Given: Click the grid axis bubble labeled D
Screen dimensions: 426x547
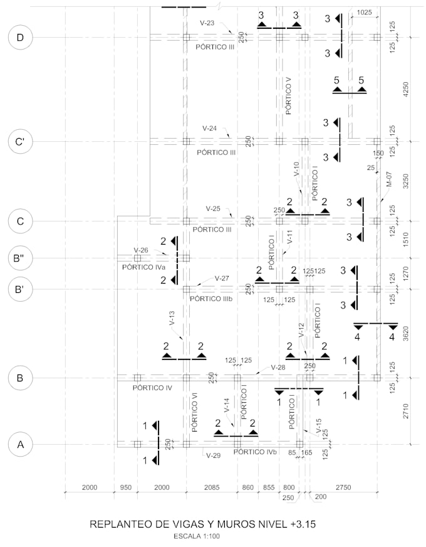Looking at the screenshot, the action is pyautogui.click(x=20, y=38).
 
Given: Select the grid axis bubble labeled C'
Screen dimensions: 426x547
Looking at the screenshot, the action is pyautogui.click(x=20, y=142).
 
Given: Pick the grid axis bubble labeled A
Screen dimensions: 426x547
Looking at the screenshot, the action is pyautogui.click(x=20, y=445).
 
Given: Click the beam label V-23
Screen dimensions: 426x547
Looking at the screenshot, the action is pyautogui.click(x=207, y=23).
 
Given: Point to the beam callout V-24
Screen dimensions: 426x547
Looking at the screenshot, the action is pyautogui.click(x=209, y=129).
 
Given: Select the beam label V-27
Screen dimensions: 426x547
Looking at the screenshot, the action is pyautogui.click(x=222, y=279).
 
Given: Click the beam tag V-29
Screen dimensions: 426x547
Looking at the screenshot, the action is pyautogui.click(x=213, y=455).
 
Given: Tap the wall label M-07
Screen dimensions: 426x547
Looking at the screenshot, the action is pyautogui.click(x=389, y=179).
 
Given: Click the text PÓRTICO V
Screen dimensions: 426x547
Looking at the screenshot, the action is pyautogui.click(x=288, y=96).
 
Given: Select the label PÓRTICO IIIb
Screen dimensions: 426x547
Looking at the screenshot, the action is pyautogui.click(x=211, y=299).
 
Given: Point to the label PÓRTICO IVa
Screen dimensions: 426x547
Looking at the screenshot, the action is pyautogui.click(x=144, y=267).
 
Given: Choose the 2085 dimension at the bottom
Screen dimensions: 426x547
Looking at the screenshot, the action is pyautogui.click(x=212, y=487).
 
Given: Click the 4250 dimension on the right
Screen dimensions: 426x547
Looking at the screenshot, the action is pyautogui.click(x=406, y=89).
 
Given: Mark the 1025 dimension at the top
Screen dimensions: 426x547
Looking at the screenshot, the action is pyautogui.click(x=365, y=13).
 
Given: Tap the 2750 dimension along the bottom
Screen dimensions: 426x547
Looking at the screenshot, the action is pyautogui.click(x=343, y=487).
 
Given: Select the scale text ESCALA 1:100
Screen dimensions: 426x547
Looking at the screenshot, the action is pyautogui.click(x=197, y=536).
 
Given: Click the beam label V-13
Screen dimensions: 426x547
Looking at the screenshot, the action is pyautogui.click(x=172, y=318).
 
